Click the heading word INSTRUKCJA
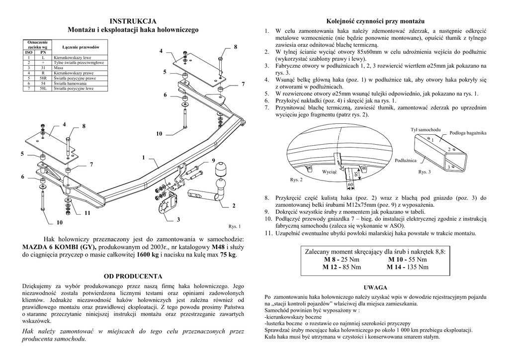[133, 21]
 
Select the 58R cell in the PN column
[43, 78]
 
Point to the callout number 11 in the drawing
[87, 213]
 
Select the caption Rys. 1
[234, 226]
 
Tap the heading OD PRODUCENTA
[133, 275]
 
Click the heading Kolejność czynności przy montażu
[375, 21]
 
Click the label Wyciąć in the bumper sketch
[330, 171]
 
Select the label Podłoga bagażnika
[468, 133]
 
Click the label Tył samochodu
[425, 129]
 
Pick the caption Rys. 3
[424, 172]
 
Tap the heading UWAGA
[375, 287]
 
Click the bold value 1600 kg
[149, 255]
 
